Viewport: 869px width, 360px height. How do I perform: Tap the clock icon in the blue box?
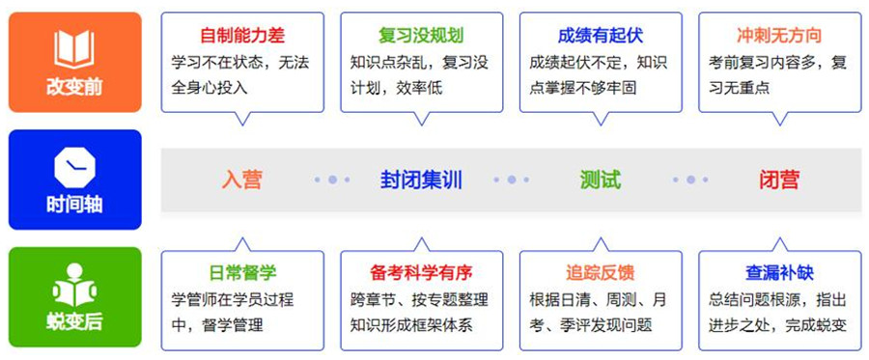click(x=73, y=167)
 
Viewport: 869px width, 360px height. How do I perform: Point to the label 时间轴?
click(x=73, y=205)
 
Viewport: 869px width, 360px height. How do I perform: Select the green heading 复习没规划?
click(x=421, y=36)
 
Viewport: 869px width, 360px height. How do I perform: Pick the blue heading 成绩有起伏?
click(x=600, y=36)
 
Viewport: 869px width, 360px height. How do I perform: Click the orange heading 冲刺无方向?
click(x=779, y=36)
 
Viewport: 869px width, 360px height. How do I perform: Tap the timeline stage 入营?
click(x=242, y=180)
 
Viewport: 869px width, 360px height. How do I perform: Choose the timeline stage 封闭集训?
click(x=421, y=180)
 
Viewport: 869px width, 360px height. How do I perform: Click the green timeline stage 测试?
click(x=600, y=180)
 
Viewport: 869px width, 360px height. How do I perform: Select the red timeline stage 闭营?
click(x=779, y=180)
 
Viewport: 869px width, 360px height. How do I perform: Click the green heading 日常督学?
click(x=242, y=273)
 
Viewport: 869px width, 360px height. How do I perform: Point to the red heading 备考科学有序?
click(x=421, y=273)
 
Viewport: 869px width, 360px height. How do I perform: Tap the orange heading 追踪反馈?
click(x=600, y=273)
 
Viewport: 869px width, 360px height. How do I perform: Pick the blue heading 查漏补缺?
click(x=779, y=273)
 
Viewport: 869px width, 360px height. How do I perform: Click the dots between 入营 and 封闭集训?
click(x=332, y=180)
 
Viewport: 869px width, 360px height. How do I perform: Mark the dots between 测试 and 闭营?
click(x=690, y=180)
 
